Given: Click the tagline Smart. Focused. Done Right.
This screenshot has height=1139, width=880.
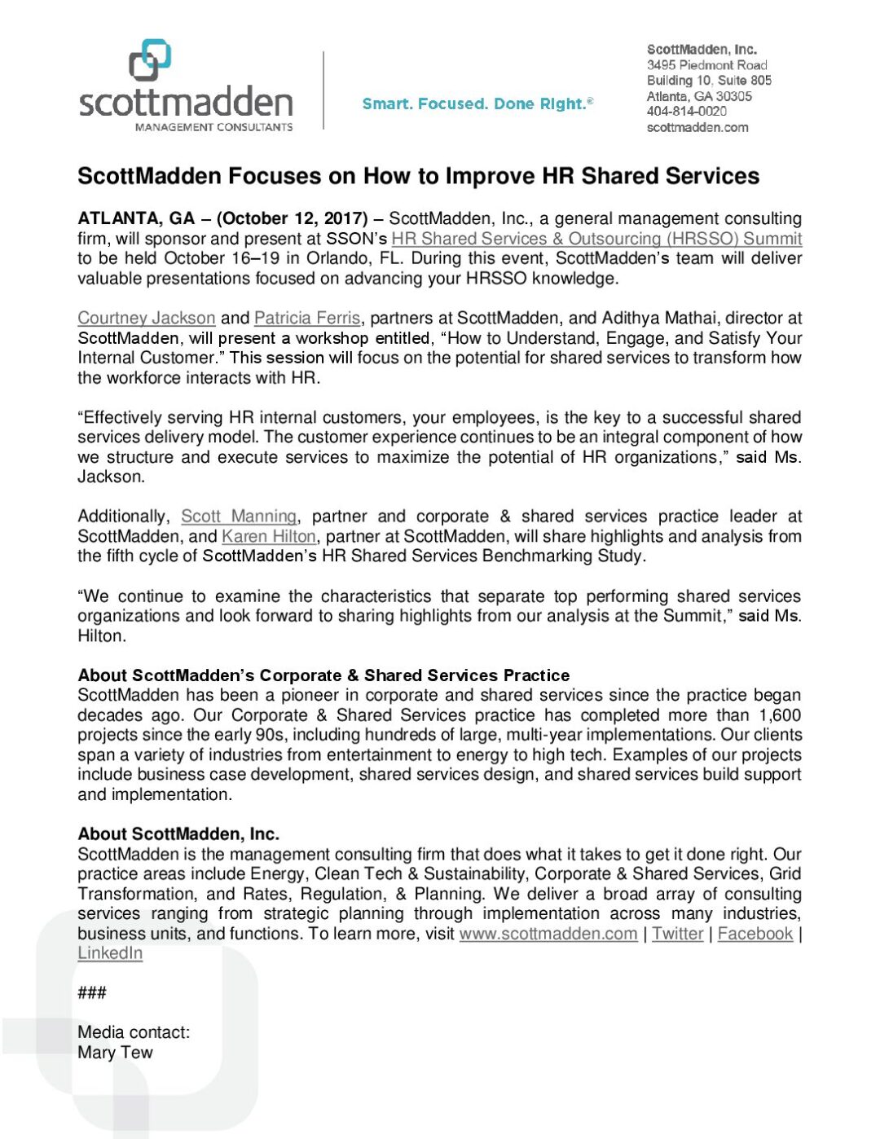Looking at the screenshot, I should coord(477,103).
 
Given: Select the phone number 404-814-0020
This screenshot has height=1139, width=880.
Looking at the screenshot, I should coord(686,112).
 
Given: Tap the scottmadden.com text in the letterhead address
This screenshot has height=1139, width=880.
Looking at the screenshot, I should coord(697,127).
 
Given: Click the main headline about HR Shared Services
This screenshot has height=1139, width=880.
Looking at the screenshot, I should coord(418,176).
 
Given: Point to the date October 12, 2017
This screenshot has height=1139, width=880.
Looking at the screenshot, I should coord(293,218).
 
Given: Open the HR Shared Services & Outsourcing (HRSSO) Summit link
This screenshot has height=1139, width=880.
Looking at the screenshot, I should coord(596,239).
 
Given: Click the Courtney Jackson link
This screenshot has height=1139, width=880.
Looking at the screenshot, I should coord(147,318).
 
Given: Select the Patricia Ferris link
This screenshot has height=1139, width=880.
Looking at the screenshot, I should coord(306,318).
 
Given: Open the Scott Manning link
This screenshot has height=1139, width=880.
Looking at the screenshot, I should coord(239,517).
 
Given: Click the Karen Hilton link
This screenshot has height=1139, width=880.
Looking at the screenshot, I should coord(268,536).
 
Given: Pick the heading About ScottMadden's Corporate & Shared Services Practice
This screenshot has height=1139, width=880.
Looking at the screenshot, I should coord(323,675).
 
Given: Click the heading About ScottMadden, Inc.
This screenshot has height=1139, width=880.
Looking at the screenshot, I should coord(178,834).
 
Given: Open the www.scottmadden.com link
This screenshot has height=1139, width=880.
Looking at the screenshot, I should coord(548,934).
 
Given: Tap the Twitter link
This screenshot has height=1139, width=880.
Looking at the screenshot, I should coord(677,934).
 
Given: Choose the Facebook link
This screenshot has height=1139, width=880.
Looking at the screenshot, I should coord(755,934).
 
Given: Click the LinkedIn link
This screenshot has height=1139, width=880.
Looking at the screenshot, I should coord(110,953).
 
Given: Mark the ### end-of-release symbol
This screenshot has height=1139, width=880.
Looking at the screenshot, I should coord(92,992).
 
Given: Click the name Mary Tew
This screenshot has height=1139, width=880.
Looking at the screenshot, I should coord(115,1053).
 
